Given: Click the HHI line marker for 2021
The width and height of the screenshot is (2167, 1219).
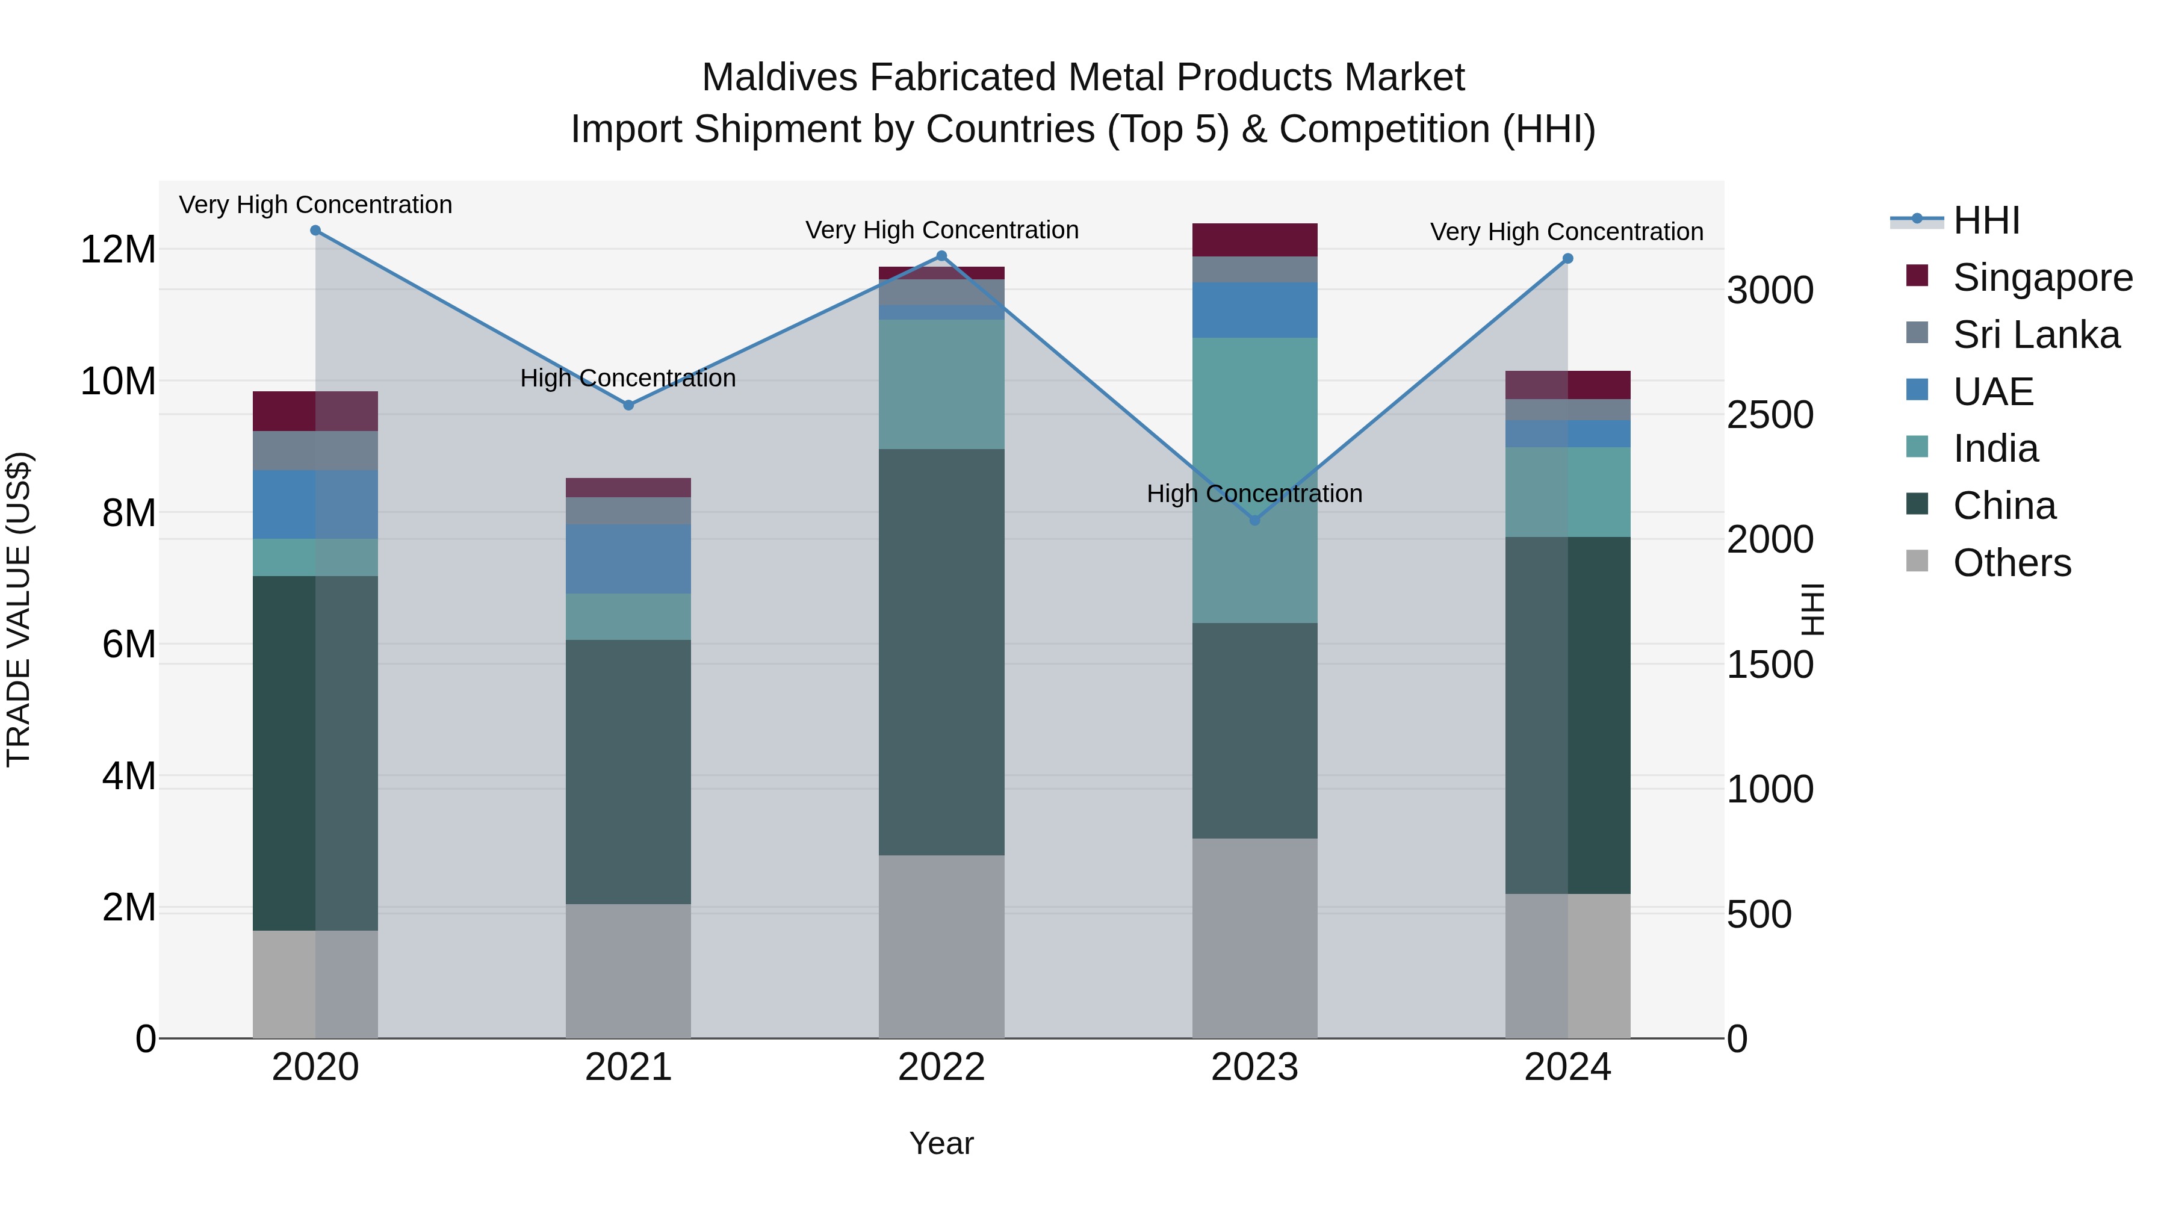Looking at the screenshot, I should click(628, 405).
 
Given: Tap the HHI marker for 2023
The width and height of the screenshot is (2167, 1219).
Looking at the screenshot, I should click(1254, 520).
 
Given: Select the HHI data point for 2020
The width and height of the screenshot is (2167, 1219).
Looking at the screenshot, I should click(315, 230).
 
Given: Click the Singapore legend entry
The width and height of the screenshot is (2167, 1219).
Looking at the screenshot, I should click(2042, 278).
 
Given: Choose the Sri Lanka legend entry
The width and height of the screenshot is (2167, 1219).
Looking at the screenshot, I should click(2036, 335).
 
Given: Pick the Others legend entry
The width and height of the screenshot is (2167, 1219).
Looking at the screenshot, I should click(2011, 563).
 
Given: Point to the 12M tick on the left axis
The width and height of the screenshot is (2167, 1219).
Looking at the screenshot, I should click(118, 250).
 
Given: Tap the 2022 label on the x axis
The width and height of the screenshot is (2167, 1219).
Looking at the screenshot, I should click(941, 1067).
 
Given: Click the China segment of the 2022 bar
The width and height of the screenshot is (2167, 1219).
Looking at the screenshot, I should click(941, 652).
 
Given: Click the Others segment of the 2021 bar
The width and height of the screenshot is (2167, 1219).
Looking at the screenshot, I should click(628, 972).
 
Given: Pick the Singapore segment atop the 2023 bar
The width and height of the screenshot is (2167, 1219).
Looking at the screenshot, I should click(1254, 240).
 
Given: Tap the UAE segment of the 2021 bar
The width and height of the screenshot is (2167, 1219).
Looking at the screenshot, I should click(628, 559).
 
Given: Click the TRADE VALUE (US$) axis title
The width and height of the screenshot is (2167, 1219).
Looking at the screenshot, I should click(19, 609).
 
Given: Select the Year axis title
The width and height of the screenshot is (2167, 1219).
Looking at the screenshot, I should click(941, 1143).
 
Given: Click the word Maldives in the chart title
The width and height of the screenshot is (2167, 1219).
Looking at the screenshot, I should click(779, 78).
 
